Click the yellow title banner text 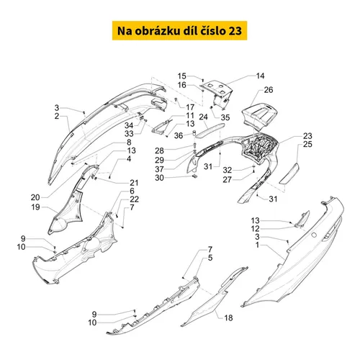179,31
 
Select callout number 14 260,76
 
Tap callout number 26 269,90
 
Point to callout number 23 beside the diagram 307,136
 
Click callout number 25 307,144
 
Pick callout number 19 35,207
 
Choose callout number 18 228,318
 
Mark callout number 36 179,135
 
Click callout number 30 159,178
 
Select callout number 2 57,116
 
